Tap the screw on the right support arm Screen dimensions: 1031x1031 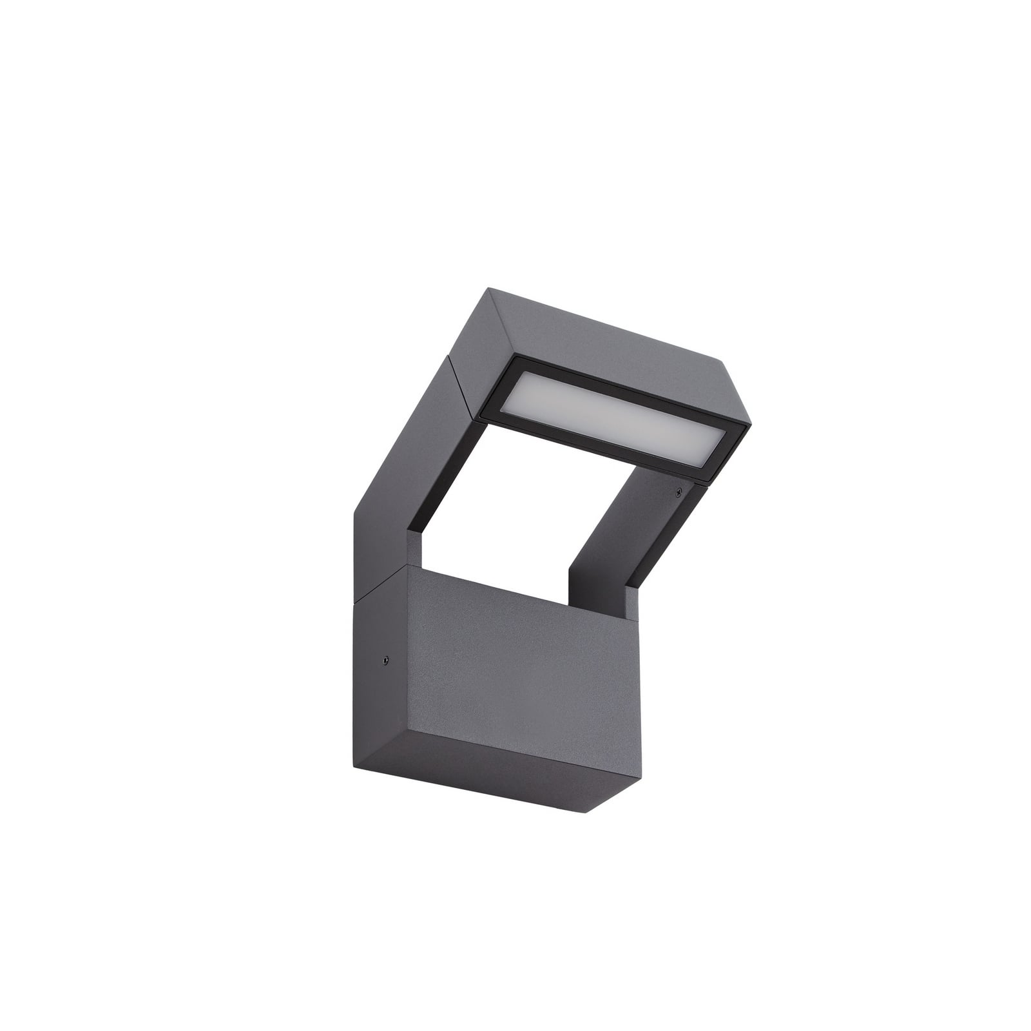(x=678, y=494)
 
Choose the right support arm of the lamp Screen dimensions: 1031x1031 (x=625, y=541)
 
